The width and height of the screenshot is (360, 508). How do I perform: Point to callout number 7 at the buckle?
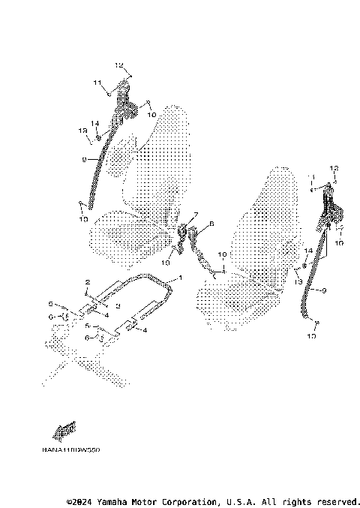point(196,215)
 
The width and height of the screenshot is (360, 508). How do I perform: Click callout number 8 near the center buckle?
point(211,223)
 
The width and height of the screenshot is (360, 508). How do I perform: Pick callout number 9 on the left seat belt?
point(85,159)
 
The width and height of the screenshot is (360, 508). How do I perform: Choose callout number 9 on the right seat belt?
point(323,290)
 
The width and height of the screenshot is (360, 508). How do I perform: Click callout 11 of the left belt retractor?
point(97,82)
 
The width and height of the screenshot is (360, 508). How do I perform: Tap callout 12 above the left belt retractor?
point(118,65)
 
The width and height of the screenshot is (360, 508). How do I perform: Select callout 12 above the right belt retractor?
point(335,168)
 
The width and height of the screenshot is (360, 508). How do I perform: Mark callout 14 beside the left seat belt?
point(95,122)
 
